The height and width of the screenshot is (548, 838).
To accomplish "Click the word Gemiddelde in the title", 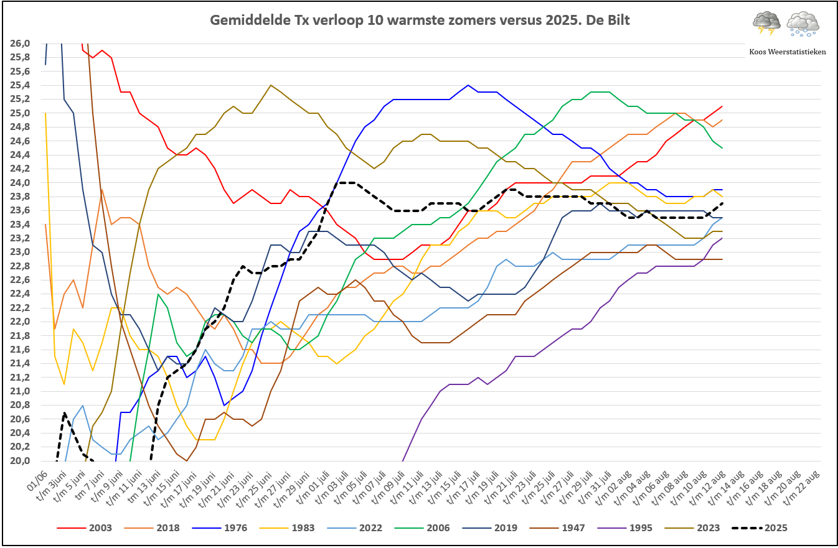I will pyautogui.click(x=247, y=21).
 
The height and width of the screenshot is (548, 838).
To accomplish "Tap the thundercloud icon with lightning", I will pyautogui.click(x=766, y=22).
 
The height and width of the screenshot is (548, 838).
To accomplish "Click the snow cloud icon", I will pyautogui.click(x=803, y=22).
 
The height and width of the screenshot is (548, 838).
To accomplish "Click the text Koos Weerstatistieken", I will pyautogui.click(x=788, y=52).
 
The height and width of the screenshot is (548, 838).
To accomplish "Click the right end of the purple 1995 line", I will pyautogui.click(x=722, y=238).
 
